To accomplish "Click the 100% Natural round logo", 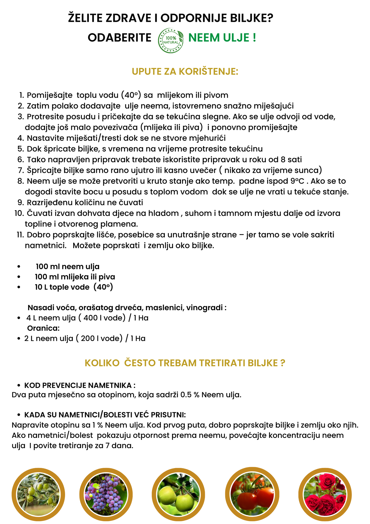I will coord(171,41).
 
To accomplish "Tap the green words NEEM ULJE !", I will coord(222,38).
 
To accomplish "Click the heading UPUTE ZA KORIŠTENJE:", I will coord(185,72).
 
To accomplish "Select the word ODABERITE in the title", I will coord(119,38).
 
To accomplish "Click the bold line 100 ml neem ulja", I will coord(68,267).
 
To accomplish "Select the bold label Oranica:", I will coord(43,328).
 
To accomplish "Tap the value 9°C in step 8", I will coord(298,181).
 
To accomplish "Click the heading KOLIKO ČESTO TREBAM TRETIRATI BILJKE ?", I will coord(185,363).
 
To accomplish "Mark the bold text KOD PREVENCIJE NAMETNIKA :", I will coord(80,385).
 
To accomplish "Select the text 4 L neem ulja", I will coord(51,318).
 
